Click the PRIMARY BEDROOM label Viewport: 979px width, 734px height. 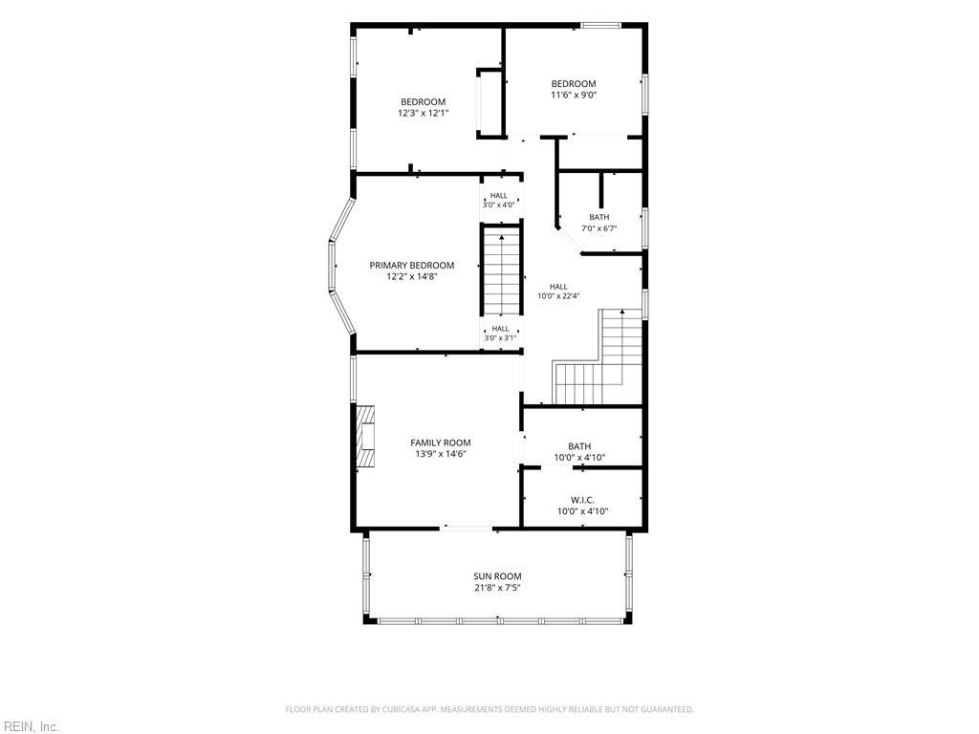tap(412, 266)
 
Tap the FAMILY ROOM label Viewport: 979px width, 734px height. tap(441, 443)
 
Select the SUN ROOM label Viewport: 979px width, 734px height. tap(497, 576)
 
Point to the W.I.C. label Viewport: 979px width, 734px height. tap(582, 500)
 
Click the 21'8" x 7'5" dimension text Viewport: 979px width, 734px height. tap(497, 588)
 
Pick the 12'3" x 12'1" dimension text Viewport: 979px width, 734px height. tap(424, 114)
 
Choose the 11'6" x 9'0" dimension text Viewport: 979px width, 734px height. tap(574, 96)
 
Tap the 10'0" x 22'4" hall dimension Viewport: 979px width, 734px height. tap(558, 296)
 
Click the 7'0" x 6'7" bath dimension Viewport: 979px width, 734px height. tap(599, 228)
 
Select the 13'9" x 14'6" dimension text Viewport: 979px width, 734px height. tap(441, 454)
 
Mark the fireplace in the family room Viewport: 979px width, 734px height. tap(366, 436)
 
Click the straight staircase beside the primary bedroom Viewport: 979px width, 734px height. tap(501, 271)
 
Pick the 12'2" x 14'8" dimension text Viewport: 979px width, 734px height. tap(412, 276)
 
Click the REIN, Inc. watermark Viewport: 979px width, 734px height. tap(30, 726)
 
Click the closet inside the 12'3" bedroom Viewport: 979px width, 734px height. tap(490, 103)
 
